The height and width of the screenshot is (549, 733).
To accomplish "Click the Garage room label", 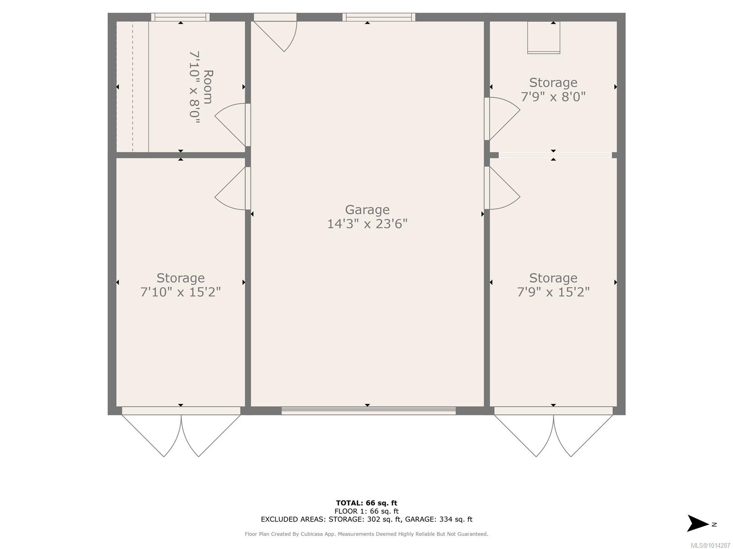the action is pyautogui.click(x=367, y=210).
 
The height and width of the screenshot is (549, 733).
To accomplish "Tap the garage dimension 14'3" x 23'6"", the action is pyautogui.click(x=367, y=224).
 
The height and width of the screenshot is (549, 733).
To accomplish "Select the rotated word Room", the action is pyautogui.click(x=208, y=87).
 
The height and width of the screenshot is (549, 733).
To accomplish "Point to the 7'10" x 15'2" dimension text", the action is pyautogui.click(x=181, y=292).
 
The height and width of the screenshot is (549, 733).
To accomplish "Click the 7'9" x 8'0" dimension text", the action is pyautogui.click(x=553, y=97).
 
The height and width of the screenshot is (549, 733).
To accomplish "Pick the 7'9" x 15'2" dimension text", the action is pyautogui.click(x=553, y=292).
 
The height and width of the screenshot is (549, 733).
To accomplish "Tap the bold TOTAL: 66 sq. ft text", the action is pyautogui.click(x=366, y=503).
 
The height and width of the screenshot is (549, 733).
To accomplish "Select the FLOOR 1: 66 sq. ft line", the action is pyautogui.click(x=366, y=511).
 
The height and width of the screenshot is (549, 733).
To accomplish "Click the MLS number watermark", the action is pyautogui.click(x=710, y=545).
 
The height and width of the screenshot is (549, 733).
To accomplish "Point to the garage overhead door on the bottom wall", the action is pyautogui.click(x=368, y=411).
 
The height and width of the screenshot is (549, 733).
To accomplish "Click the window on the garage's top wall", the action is pyautogui.click(x=379, y=17).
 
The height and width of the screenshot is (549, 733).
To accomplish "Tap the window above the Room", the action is pyautogui.click(x=181, y=17).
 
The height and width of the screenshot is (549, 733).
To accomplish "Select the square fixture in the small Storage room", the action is pyautogui.click(x=543, y=38).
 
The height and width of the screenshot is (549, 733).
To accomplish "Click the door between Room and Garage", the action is pyautogui.click(x=233, y=124).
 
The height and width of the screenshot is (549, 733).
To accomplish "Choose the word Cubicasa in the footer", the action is pyautogui.click(x=311, y=534).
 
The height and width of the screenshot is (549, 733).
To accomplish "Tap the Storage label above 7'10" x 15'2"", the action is pyautogui.click(x=181, y=278).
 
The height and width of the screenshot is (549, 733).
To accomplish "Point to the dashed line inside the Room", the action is pyautogui.click(x=132, y=86).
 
